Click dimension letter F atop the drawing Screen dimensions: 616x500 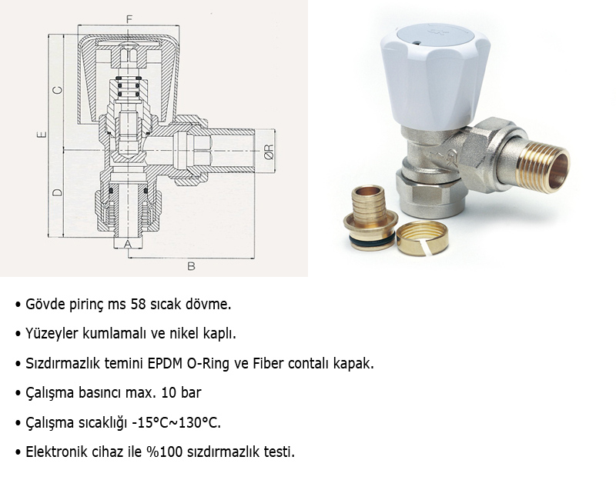(129, 18)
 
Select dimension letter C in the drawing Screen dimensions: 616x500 (57, 90)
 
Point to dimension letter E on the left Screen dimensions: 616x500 (42, 135)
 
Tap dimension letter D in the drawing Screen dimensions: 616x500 (57, 192)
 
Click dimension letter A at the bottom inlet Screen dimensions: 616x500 (128, 244)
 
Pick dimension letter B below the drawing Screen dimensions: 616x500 (191, 266)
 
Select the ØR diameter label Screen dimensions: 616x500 (269, 152)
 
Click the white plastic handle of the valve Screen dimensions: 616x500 (435, 75)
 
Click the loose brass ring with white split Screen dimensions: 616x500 (422, 238)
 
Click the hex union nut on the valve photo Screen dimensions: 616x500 (484, 155)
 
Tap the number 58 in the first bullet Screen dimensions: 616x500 (138, 304)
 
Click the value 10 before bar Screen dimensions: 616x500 (169, 393)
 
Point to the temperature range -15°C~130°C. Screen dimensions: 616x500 (176, 422)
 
